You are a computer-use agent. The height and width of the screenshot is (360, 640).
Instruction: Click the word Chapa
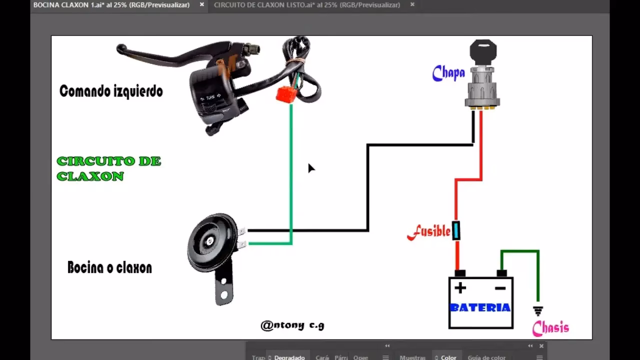point(448,73)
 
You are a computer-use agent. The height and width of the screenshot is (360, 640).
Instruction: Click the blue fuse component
point(456,230)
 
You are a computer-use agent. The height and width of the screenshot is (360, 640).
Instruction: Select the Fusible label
point(429,231)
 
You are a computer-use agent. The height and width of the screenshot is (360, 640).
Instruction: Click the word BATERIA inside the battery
point(480,307)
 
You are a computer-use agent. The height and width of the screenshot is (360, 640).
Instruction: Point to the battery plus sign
point(460,288)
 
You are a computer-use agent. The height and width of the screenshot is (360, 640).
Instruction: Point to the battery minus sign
point(500,288)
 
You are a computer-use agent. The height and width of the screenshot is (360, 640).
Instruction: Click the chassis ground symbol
point(538,311)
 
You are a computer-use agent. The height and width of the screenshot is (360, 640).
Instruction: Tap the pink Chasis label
point(550,328)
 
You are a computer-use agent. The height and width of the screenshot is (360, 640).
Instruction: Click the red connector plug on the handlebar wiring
point(286,94)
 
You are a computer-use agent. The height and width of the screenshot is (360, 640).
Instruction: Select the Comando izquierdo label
point(111,91)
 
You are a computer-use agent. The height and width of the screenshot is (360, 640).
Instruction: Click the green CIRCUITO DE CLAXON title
point(108,168)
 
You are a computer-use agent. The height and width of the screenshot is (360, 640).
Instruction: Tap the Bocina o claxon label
point(109,267)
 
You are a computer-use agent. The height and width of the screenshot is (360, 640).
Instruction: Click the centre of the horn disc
point(209,242)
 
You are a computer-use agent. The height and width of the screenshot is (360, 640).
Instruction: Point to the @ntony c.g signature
point(292,325)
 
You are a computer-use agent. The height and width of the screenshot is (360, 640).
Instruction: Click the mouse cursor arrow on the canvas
point(310,167)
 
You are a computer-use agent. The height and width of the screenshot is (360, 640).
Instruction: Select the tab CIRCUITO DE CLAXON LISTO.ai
point(307,5)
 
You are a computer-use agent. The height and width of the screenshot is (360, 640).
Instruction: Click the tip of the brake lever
point(120,48)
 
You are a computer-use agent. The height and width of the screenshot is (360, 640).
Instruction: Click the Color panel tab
point(448,357)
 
